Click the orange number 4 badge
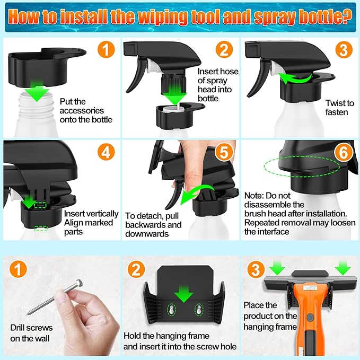(106, 152)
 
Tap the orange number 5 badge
(224, 152)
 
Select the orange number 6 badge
(344, 153)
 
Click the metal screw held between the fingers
(55, 297)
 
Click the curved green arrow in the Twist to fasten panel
(294, 78)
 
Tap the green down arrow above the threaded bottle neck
(37, 91)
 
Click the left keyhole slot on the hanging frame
(171, 310)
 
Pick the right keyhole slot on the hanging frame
(199, 310)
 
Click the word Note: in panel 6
(254, 196)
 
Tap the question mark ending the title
(348, 16)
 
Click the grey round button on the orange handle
(310, 318)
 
